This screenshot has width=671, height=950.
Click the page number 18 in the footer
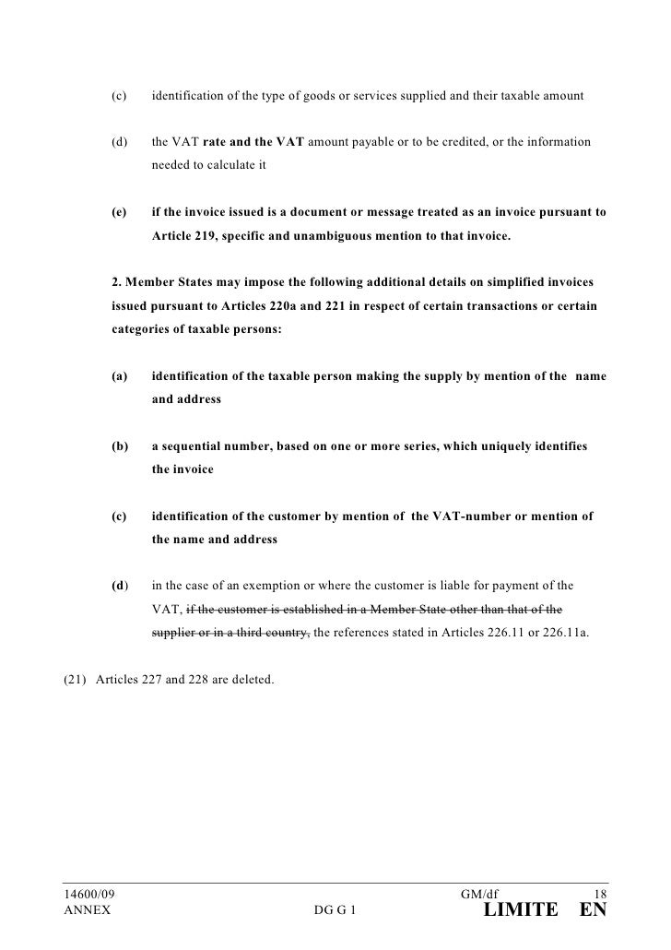coord(598,895)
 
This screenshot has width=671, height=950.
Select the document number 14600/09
coord(89,895)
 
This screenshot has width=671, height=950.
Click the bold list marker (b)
coord(119,446)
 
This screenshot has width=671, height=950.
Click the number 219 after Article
coord(204,236)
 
